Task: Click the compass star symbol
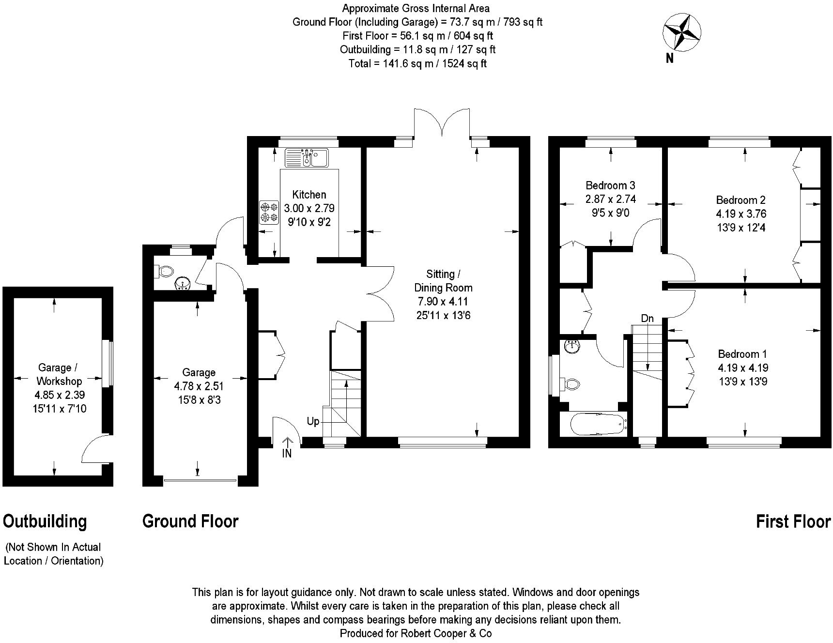click(x=681, y=32)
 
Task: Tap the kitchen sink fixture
click(x=307, y=157)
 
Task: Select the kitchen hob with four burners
click(x=269, y=213)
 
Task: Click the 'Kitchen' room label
click(x=309, y=195)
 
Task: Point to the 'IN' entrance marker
click(x=287, y=454)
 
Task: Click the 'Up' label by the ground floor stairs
click(x=313, y=421)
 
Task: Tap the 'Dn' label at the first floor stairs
click(x=648, y=319)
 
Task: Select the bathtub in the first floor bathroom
click(x=599, y=424)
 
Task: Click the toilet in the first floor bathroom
click(x=570, y=384)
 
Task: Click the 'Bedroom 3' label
click(x=610, y=185)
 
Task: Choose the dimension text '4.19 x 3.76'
click(x=741, y=214)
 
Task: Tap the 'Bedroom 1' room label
click(x=742, y=354)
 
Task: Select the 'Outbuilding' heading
click(x=45, y=521)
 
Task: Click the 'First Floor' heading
click(x=793, y=521)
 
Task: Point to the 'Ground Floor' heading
click(x=190, y=521)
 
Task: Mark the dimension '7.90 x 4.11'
click(x=443, y=302)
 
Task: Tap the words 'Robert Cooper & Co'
click(x=443, y=633)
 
